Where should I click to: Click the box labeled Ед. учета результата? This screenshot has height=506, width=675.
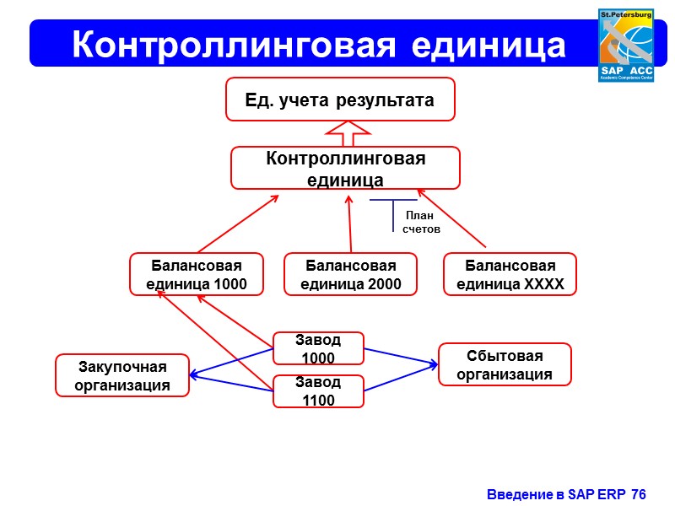340,100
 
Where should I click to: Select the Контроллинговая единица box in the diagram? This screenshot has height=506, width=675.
345,168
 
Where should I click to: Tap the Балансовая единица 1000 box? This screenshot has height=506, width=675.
196,274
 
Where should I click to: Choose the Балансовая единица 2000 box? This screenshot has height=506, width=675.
350,274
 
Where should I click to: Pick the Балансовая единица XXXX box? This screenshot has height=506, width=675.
510,274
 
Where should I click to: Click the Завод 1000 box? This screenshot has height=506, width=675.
318,348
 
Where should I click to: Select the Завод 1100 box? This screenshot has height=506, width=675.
318,391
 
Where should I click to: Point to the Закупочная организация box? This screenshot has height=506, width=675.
122,375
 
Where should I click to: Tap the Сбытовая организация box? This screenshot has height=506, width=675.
505,364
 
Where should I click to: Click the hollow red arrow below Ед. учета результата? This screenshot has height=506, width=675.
347,133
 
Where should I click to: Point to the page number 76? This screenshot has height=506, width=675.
638,493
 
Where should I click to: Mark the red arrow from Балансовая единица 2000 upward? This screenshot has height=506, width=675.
349,224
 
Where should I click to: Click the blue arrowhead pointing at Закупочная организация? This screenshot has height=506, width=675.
194,375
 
